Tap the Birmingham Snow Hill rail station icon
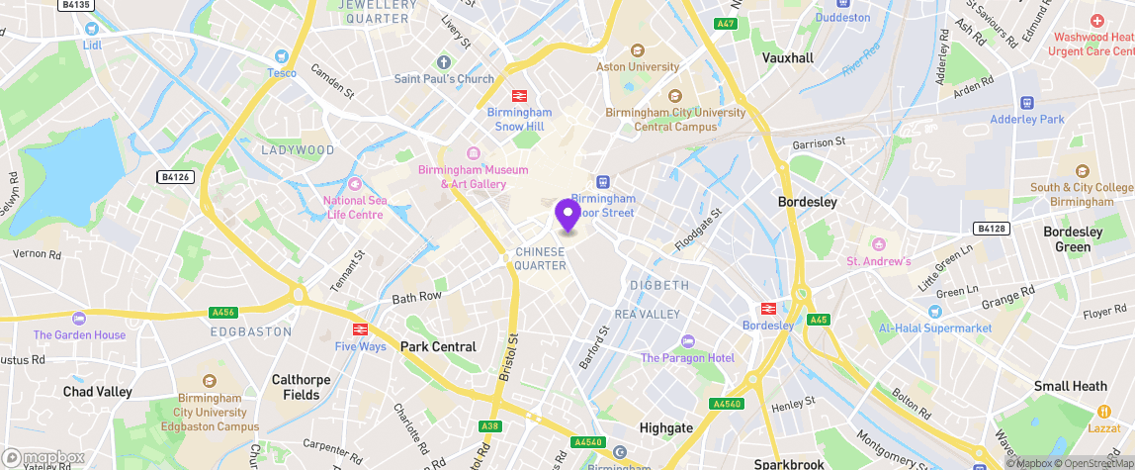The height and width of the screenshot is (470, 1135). point(518,96)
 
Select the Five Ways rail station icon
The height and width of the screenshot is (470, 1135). point(360,329)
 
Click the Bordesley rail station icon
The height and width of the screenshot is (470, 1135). point(767,309)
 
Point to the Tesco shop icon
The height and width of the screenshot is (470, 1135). point(282,56)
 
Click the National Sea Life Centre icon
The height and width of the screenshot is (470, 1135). point(354,184)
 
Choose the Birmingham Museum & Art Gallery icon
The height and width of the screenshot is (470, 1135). point(473,152)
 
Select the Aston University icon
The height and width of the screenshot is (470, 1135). point(637,50)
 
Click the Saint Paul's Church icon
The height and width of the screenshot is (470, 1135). point(444,62)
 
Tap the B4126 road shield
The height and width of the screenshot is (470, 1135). point(174,177)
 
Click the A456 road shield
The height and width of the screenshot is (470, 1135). point(223,313)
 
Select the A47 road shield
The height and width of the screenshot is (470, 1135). point(727,24)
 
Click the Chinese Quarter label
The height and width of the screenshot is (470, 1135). point(541,258)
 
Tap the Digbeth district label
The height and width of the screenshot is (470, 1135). point(659,285)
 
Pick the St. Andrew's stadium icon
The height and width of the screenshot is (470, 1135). point(878,244)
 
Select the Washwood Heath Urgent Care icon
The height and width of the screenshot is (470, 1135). point(1096,21)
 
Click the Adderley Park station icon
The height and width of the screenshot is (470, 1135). point(1026,102)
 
